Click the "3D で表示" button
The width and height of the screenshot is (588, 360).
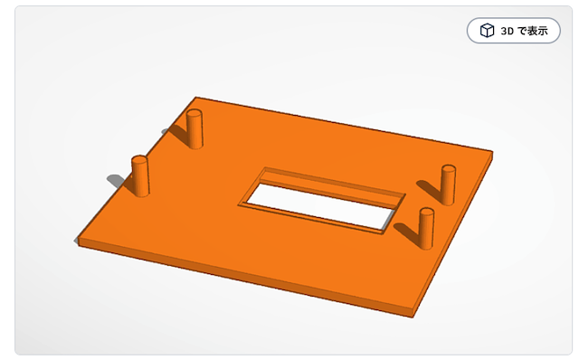514,31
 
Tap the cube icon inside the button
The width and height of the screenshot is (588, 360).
487,31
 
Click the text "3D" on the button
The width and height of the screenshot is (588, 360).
507,31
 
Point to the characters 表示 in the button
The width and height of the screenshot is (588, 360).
538,31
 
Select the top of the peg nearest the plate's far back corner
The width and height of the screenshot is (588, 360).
194,113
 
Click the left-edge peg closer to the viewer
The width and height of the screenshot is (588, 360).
140,175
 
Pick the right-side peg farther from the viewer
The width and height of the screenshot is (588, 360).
448,185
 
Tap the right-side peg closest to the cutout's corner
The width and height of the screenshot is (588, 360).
426,228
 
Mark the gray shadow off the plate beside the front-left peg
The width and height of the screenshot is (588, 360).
117,181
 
